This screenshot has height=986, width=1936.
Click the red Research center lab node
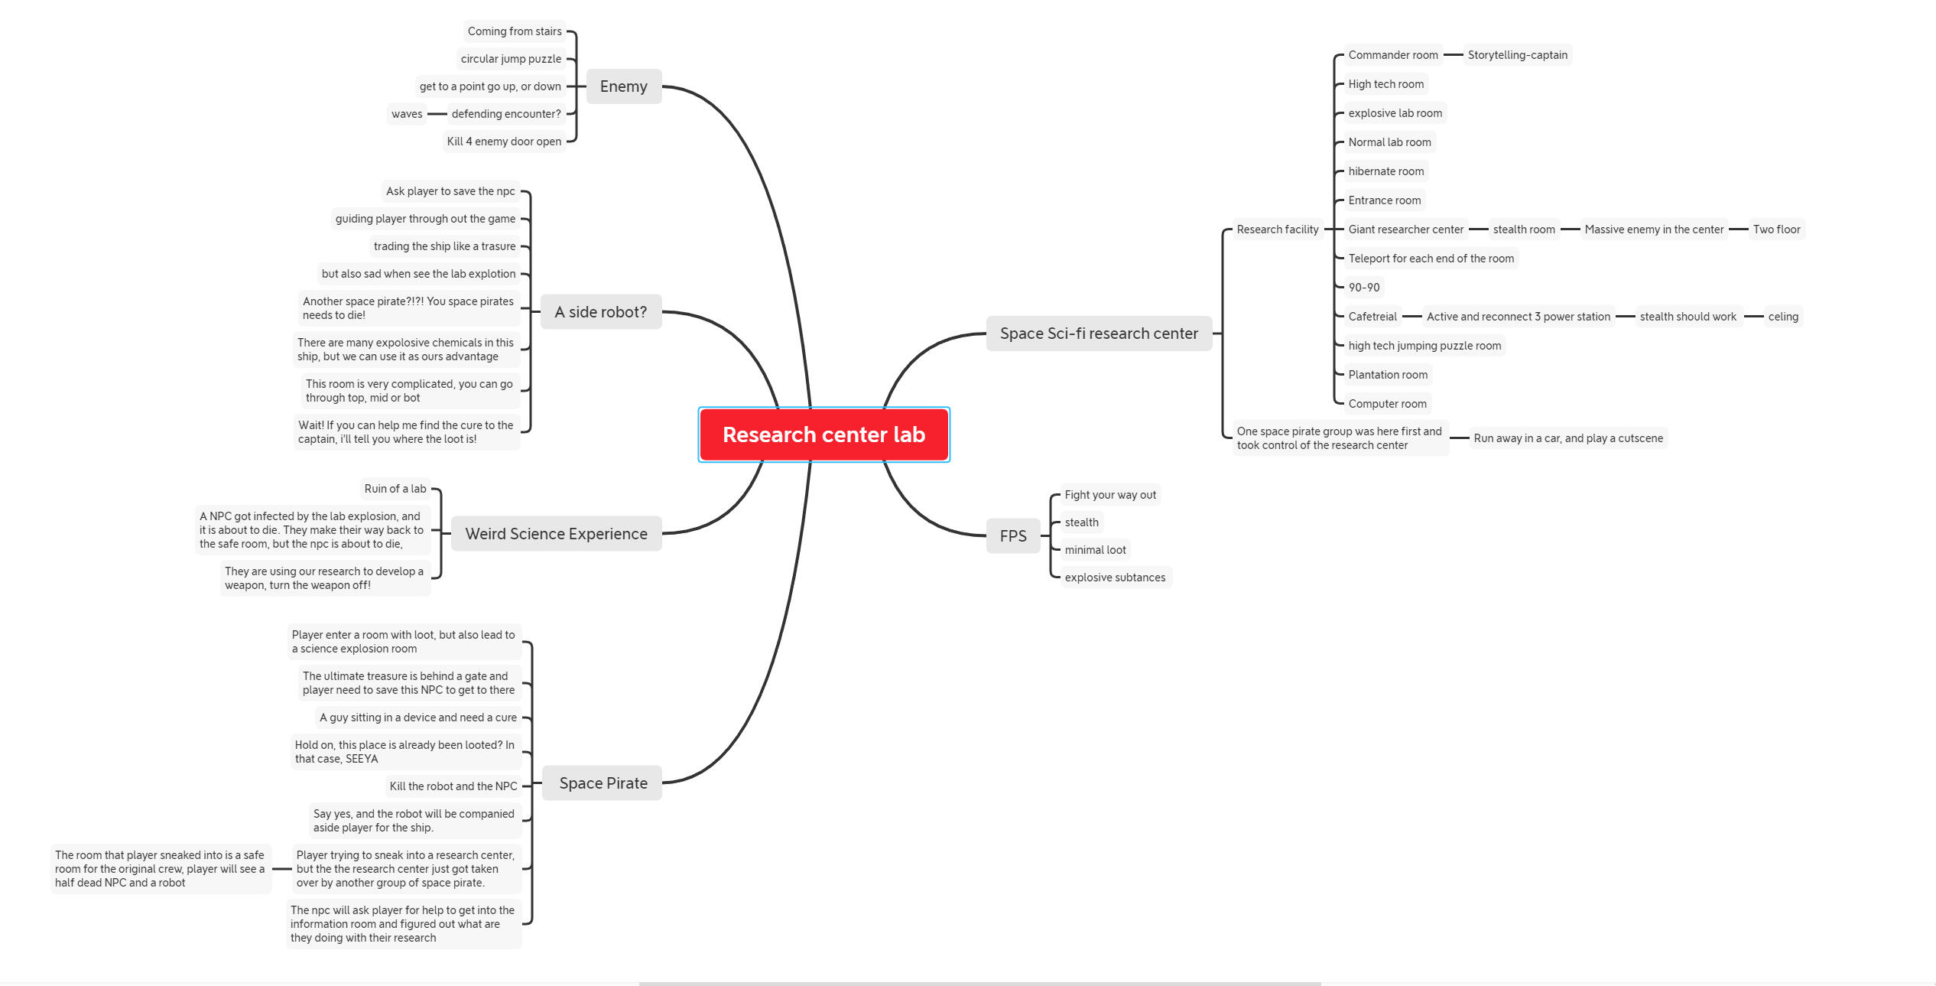pyautogui.click(x=823, y=434)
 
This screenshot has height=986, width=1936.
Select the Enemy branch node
pyautogui.click(x=623, y=86)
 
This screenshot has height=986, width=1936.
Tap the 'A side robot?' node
pyautogui.click(x=600, y=312)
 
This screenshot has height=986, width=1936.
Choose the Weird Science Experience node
pyautogui.click(x=556, y=534)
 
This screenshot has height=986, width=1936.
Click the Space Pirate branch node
pyautogui.click(x=603, y=783)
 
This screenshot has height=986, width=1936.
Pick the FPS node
pyautogui.click(x=1013, y=536)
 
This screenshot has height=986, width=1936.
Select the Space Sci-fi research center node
pyautogui.click(x=1099, y=334)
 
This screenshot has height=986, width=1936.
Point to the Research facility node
pyautogui.click(x=1277, y=229)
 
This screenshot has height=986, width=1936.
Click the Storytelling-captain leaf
pyautogui.click(x=1517, y=55)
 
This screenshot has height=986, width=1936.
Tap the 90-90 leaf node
pyautogui.click(x=1363, y=288)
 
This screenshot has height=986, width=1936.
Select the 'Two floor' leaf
pyautogui.click(x=1776, y=229)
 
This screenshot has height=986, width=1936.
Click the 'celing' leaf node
pyautogui.click(x=1782, y=317)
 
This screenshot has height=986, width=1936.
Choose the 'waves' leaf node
pyautogui.click(x=407, y=114)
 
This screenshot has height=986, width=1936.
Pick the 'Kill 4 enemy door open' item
pyautogui.click(x=504, y=142)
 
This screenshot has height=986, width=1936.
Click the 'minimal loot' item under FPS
pyautogui.click(x=1095, y=550)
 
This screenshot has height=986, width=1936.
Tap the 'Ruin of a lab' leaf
pyautogui.click(x=395, y=489)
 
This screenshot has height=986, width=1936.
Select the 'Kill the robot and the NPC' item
pyautogui.click(x=453, y=786)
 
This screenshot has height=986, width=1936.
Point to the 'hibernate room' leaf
pyautogui.click(x=1385, y=171)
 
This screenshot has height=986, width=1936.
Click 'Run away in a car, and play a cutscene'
pyautogui.click(x=1567, y=438)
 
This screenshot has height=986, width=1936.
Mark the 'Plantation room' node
pyautogui.click(x=1387, y=375)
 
